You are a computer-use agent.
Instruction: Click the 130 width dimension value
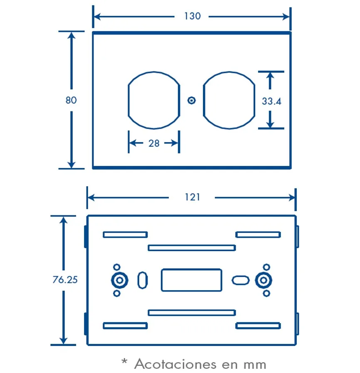point(192,16)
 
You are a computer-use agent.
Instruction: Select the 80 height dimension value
point(71,100)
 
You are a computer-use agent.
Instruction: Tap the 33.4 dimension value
point(271,101)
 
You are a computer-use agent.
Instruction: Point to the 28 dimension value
point(154,143)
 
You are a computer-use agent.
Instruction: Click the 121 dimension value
point(192,197)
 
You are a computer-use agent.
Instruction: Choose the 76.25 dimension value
point(65,280)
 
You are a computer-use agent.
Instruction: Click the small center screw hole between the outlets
point(191,100)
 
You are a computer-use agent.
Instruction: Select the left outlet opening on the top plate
point(128,100)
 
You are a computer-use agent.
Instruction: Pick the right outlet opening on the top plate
point(204,100)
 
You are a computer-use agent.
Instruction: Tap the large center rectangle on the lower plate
point(161,280)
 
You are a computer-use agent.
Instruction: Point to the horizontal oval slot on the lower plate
point(241,276)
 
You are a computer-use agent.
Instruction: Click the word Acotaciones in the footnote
point(175,364)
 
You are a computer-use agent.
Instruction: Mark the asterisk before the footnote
point(124,361)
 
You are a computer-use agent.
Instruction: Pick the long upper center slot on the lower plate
point(192,245)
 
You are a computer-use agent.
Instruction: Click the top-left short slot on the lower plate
point(125,232)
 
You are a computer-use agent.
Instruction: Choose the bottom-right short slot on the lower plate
point(258,323)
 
